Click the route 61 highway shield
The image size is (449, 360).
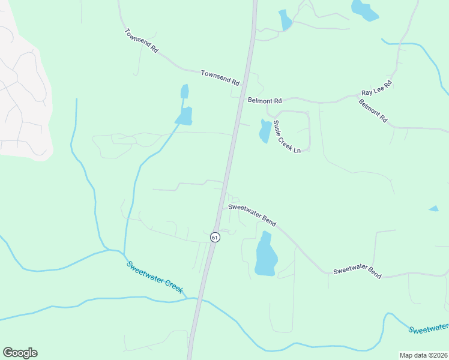point(215,238)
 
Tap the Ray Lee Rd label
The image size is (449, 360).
point(376,88)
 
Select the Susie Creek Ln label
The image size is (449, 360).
point(286,137)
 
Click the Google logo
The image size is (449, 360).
point(20,352)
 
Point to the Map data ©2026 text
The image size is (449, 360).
point(423,355)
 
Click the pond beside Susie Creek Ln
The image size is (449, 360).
point(265,131)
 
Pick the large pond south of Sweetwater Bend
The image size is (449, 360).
point(266,254)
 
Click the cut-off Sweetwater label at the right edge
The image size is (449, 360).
point(429,328)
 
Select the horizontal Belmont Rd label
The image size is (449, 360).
point(265,101)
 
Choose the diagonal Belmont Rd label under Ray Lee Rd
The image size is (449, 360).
point(373,111)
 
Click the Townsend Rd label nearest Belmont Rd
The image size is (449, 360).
point(220,77)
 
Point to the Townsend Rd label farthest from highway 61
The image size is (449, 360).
point(141,41)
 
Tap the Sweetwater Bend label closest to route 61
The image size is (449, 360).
point(252,215)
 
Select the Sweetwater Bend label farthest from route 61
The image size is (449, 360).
point(357,271)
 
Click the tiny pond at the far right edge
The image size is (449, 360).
point(433,209)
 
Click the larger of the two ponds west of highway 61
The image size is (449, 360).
point(184,116)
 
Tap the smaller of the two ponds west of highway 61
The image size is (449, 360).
point(184,92)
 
